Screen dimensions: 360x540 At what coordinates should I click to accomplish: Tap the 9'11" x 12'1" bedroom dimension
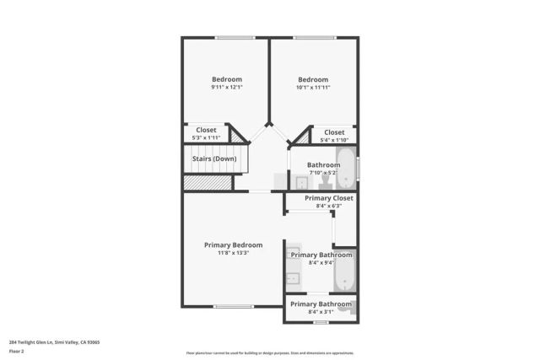pyautogui.click(x=227, y=88)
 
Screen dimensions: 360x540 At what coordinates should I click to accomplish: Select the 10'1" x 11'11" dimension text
pyautogui.click(x=312, y=88)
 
